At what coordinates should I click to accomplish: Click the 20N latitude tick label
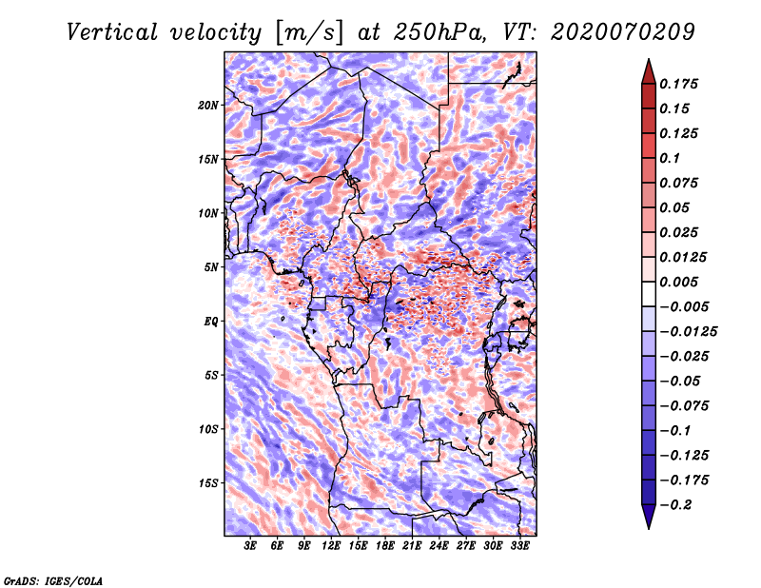click(208, 106)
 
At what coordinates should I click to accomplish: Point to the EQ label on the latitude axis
click(211, 322)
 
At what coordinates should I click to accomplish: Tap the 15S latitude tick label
click(208, 483)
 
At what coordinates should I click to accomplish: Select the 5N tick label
click(211, 267)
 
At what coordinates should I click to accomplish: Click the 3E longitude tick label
click(250, 546)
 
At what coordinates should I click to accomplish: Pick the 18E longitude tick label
click(385, 546)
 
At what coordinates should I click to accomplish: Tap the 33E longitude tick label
click(519, 546)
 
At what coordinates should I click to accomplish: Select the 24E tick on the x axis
click(439, 546)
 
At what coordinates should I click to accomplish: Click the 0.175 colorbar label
click(678, 85)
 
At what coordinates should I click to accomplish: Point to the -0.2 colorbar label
click(675, 505)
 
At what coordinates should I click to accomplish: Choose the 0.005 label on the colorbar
click(678, 282)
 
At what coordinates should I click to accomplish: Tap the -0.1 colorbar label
click(674, 431)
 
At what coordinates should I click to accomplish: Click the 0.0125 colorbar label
click(683, 257)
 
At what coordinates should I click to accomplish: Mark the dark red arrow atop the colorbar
click(649, 71)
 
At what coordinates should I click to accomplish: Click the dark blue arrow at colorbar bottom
click(649, 517)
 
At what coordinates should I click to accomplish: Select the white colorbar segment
click(649, 294)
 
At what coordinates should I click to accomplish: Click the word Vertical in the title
click(112, 32)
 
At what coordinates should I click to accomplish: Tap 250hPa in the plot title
click(439, 32)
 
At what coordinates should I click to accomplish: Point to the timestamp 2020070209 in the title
click(623, 32)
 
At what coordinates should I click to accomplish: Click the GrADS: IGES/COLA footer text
click(53, 580)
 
